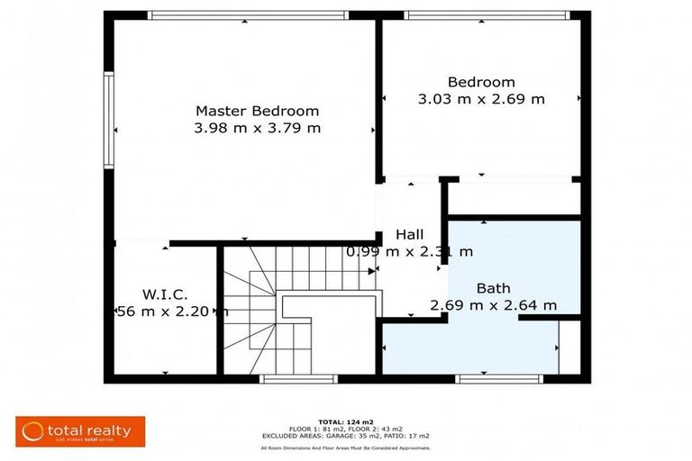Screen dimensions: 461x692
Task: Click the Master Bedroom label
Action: [257, 111]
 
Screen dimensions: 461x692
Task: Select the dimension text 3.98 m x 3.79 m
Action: [257, 128]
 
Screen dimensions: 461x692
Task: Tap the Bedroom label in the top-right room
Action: [481, 82]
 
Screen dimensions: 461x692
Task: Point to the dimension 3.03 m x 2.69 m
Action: [481, 99]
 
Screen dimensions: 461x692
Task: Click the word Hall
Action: [409, 235]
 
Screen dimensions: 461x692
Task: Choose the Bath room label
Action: [493, 288]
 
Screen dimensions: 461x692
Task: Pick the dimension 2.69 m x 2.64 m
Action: [493, 305]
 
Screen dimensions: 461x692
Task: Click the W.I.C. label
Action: [164, 294]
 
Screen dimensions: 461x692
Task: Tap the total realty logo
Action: [79, 431]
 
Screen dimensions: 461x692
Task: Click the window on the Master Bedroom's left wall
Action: [108, 121]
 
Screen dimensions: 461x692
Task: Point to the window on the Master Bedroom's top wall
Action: [248, 15]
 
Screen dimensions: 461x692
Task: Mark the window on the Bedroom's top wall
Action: [487, 15]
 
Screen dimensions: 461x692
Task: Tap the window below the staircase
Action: [286, 379]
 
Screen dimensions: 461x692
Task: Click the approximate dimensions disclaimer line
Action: [345, 447]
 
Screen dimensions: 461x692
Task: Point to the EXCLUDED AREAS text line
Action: [345, 436]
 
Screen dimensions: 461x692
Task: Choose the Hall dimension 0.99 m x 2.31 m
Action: [409, 252]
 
